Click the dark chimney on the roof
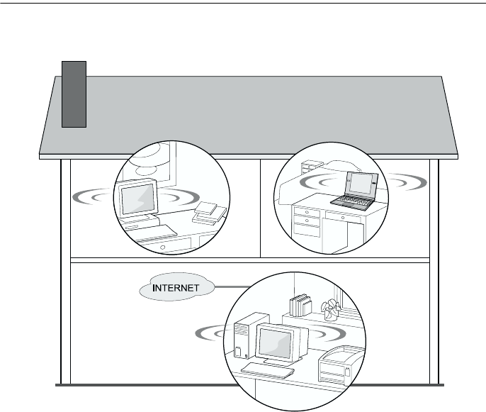[x=74, y=94]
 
